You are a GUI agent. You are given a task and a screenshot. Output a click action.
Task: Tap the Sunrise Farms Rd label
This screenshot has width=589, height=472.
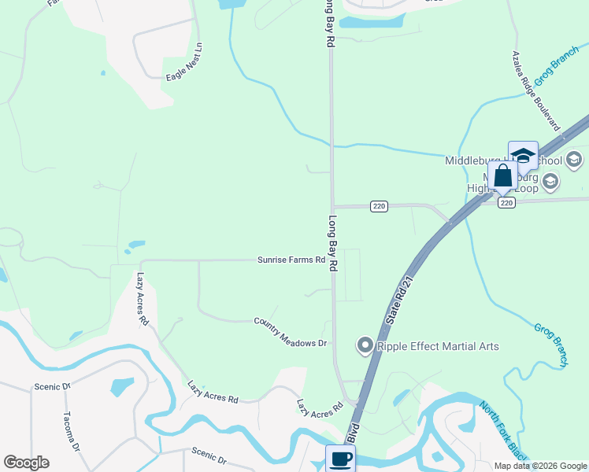tap(291, 260)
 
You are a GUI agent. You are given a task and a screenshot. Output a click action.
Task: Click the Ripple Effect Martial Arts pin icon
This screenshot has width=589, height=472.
tap(365, 345)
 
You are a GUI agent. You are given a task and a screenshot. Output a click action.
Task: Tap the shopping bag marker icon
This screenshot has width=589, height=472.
tap(502, 177)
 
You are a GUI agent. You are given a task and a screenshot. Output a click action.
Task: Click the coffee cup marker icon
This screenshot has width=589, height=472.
tap(340, 459)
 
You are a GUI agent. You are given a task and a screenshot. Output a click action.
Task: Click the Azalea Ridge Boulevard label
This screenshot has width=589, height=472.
tap(535, 91)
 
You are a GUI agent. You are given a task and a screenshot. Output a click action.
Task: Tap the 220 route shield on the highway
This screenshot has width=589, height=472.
tap(506, 202)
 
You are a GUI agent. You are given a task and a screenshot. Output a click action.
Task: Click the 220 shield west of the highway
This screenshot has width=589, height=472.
tap(379, 206)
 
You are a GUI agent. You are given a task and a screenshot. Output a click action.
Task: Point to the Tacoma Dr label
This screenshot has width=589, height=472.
tap(71, 431)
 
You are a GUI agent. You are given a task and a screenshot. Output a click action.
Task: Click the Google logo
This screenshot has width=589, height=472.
tap(26, 463)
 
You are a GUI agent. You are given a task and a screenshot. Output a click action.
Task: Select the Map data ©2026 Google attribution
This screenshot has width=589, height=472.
tap(540, 466)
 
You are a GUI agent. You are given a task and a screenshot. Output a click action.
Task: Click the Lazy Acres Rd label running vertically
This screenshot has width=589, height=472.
tap(143, 299)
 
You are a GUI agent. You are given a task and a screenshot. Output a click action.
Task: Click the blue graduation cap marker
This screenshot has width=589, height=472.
tap(523, 155)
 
